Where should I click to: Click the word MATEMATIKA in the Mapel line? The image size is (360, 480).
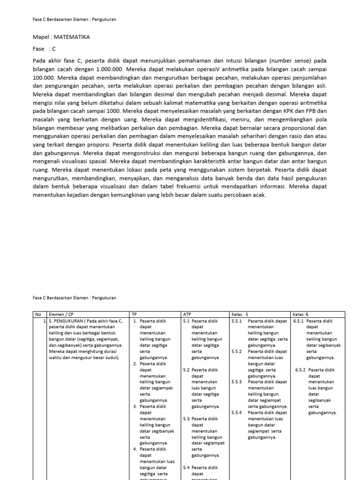click(x=72, y=37)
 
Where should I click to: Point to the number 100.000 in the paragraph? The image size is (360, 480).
click(x=44, y=78)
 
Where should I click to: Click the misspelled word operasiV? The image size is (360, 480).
click(x=203, y=69)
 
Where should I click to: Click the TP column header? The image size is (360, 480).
click(x=134, y=314)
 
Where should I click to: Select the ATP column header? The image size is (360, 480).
click(x=186, y=314)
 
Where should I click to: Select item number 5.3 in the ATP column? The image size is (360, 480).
click(x=186, y=419)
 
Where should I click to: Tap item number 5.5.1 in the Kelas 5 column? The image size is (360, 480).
click(x=236, y=321)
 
